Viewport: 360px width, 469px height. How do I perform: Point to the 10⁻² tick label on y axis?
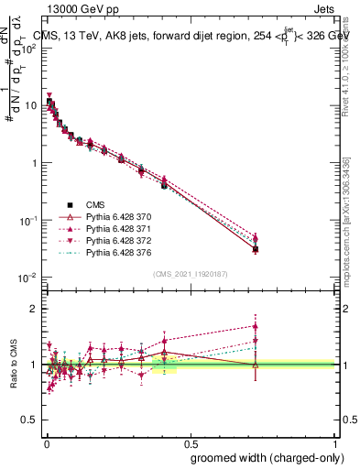[x=27, y=278]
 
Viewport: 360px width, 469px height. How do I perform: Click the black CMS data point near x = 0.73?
[x=256, y=249]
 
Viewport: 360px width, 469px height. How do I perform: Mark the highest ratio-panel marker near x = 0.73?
[x=256, y=325]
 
